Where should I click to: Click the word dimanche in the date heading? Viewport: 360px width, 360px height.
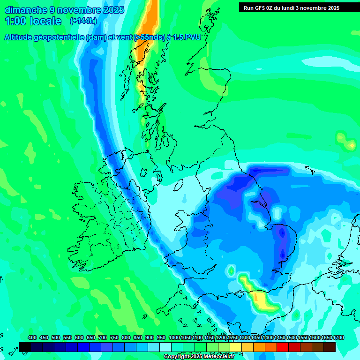click(x=26, y=10)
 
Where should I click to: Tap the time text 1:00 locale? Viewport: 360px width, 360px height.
click(x=33, y=21)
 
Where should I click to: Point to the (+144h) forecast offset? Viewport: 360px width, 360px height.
click(x=84, y=21)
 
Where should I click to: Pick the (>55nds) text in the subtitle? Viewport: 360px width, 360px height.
click(x=150, y=37)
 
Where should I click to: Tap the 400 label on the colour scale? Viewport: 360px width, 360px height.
click(x=32, y=337)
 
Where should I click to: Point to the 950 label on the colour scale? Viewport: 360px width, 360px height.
click(x=161, y=337)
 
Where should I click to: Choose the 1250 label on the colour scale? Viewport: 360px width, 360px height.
click(x=232, y=337)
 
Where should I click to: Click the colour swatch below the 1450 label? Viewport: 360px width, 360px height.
click(x=283, y=347)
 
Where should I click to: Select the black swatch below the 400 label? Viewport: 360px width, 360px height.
click(x=25, y=347)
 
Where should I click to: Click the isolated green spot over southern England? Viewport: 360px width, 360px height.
click(x=231, y=271)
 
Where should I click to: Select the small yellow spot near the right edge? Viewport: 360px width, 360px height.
click(x=351, y=145)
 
